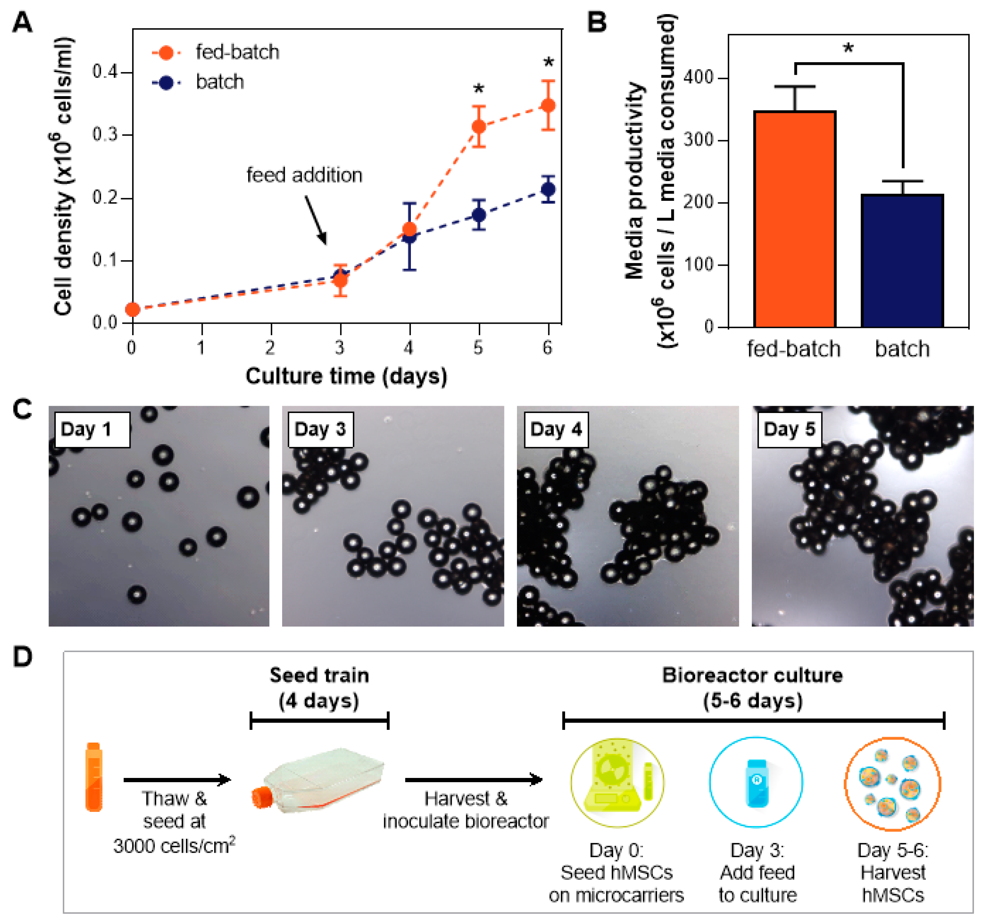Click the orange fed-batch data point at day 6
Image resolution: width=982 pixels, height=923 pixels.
548,106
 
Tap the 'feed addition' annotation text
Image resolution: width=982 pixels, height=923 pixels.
304,175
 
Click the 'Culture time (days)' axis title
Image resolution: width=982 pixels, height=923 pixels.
346,376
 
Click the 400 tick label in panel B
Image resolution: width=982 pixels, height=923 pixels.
698,77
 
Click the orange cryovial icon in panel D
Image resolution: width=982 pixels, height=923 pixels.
94,778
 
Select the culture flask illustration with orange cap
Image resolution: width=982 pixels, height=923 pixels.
318,781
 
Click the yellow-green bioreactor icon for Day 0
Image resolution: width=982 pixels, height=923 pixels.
617,782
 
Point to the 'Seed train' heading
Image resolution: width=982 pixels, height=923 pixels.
319,675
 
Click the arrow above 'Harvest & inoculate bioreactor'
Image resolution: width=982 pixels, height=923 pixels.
473,780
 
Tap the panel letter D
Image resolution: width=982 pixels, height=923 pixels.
23,657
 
